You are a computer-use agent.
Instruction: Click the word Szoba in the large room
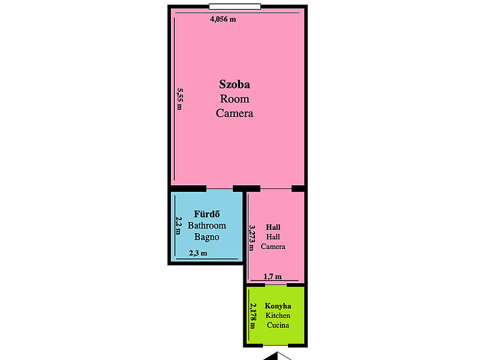235,85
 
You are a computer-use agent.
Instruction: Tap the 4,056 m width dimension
223,19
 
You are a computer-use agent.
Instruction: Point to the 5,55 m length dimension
180,99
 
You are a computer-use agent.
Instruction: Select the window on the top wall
235,7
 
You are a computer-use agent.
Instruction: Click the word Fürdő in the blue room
206,214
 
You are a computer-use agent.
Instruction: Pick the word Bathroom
206,225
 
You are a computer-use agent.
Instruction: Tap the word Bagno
206,236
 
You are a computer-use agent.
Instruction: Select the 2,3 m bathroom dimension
198,253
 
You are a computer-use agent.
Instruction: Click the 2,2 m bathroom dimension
179,226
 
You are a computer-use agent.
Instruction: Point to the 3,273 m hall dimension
252,238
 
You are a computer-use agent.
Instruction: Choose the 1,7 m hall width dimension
273,277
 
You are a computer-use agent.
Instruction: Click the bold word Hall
273,227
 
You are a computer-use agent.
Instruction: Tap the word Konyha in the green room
277,306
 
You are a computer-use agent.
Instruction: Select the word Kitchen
277,315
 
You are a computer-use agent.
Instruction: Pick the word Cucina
277,325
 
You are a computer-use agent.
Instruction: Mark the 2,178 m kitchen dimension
252,316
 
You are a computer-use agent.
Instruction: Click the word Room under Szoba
235,99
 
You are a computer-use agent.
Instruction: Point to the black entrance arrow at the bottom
277,356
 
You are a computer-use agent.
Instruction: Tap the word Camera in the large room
235,113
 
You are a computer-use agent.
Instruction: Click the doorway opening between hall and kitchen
276,285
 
